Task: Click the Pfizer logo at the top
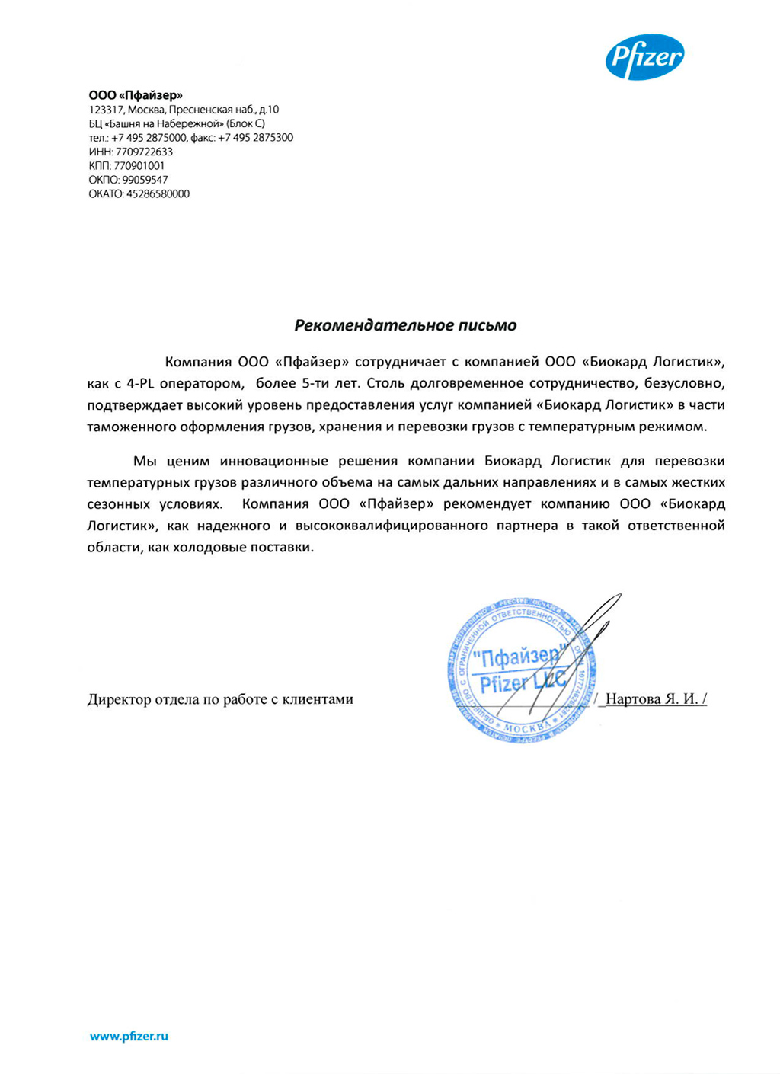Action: [x=644, y=57]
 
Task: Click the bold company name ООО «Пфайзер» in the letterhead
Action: [x=136, y=95]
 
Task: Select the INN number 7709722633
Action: [x=144, y=152]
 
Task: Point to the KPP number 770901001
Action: [x=139, y=165]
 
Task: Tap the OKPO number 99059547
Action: [x=145, y=180]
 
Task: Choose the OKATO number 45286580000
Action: [x=158, y=193]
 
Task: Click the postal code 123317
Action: [x=106, y=110]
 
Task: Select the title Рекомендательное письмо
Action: [x=405, y=325]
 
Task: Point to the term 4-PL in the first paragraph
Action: [x=142, y=383]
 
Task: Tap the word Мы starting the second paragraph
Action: [x=145, y=461]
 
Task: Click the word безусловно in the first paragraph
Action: [x=682, y=383]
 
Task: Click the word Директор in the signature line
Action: [x=119, y=699]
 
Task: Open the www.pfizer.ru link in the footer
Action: [x=129, y=1036]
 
